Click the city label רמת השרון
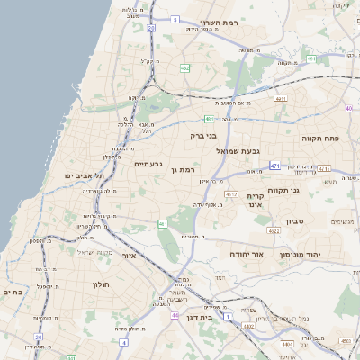pyautogui.click(x=219, y=22)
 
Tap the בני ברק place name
pyautogui.click(x=204, y=136)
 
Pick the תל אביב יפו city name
pyautogui.click(x=85, y=175)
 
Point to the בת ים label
pyautogui.click(x=13, y=292)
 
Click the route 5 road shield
pyautogui.click(x=174, y=18)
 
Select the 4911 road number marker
pyautogui.click(x=281, y=99)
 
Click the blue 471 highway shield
pyautogui.click(x=274, y=166)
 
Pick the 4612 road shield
pyautogui.click(x=231, y=193)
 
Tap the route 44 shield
pyautogui.click(x=174, y=316)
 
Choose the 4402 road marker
pyautogui.click(x=247, y=328)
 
